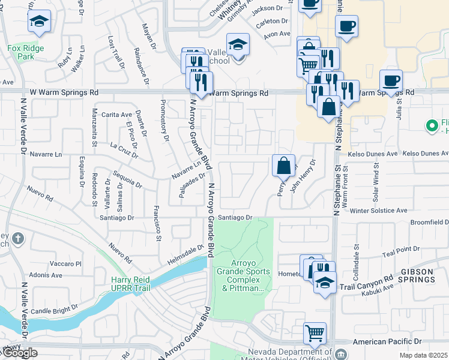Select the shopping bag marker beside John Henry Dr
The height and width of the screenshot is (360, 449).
click(x=283, y=165)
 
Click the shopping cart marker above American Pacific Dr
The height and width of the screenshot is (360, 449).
click(x=315, y=332)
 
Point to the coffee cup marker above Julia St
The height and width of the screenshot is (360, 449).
click(x=391, y=80)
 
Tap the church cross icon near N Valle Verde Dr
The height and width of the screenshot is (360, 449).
click(x=19, y=239)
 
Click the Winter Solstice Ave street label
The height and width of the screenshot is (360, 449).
click(x=378, y=211)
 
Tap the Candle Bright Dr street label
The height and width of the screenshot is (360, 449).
click(x=52, y=311)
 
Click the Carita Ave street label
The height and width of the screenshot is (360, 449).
click(x=116, y=115)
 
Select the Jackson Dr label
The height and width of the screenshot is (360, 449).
click(x=267, y=8)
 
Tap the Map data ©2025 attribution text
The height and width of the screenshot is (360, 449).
click(x=423, y=356)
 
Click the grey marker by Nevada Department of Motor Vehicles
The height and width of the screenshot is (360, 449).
click(x=341, y=353)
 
